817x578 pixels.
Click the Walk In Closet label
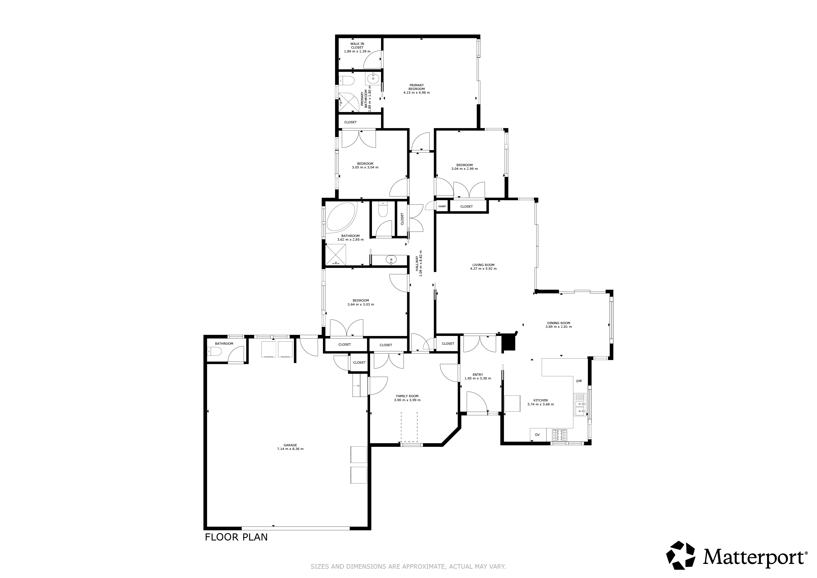click(x=357, y=45)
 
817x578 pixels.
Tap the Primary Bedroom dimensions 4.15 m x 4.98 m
click(x=417, y=93)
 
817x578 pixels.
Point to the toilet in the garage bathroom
click(x=215, y=352)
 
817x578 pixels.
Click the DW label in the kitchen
click(x=579, y=381)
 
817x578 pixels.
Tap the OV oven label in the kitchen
click(x=537, y=435)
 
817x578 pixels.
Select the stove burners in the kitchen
click(x=560, y=435)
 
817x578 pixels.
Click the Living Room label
click(x=483, y=265)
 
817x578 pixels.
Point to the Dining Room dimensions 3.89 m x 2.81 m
click(x=559, y=327)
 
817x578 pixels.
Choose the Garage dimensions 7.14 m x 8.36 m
click(x=290, y=449)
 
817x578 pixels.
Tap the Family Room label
click(x=408, y=396)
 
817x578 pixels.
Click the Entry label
click(x=478, y=374)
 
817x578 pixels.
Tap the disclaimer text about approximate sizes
click(x=408, y=566)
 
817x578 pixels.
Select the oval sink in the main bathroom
click(x=391, y=260)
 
